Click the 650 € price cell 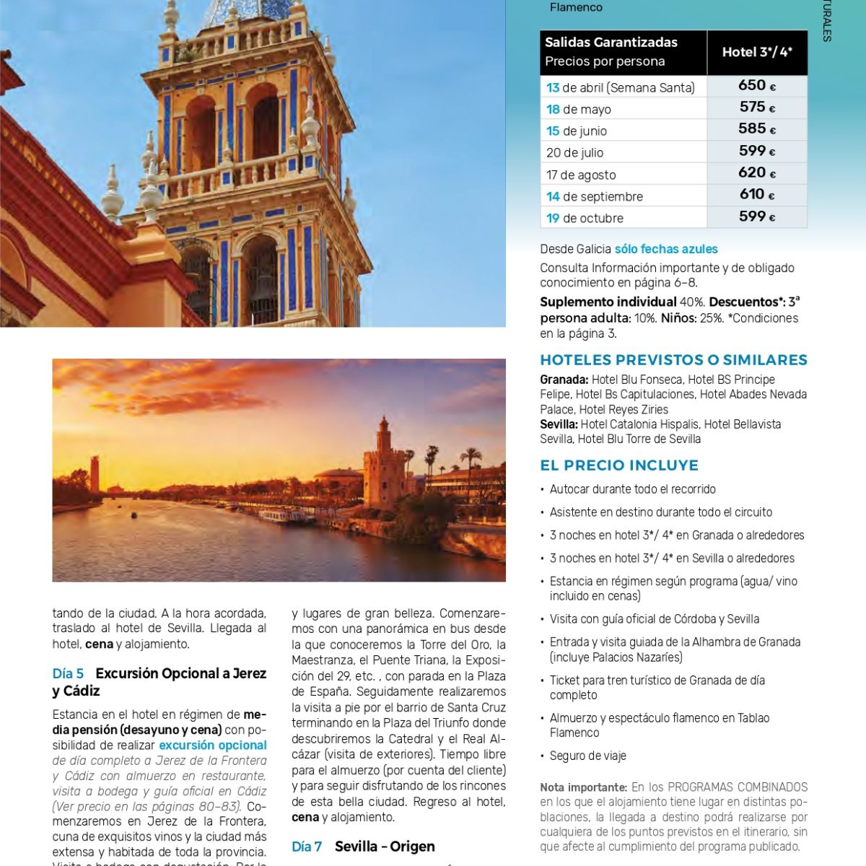[x=756, y=86]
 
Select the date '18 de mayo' [x=579, y=110]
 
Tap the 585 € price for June [x=756, y=129]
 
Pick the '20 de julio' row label [x=575, y=153]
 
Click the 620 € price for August [x=756, y=173]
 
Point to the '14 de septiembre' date [x=594, y=196]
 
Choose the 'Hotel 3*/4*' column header [x=757, y=52]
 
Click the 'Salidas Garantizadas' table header [x=611, y=43]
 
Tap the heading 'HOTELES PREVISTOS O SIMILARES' [x=673, y=360]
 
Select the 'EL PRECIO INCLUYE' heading [x=619, y=465]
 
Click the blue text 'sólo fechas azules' [x=666, y=249]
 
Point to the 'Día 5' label [x=68, y=673]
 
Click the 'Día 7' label [x=307, y=847]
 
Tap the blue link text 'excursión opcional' [x=213, y=745]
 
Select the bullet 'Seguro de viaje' [x=587, y=756]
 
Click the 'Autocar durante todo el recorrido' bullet [x=632, y=489]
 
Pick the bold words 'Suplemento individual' [x=608, y=302]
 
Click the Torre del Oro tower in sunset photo [x=383, y=462]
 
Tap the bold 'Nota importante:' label [x=583, y=787]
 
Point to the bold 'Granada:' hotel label [x=564, y=380]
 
